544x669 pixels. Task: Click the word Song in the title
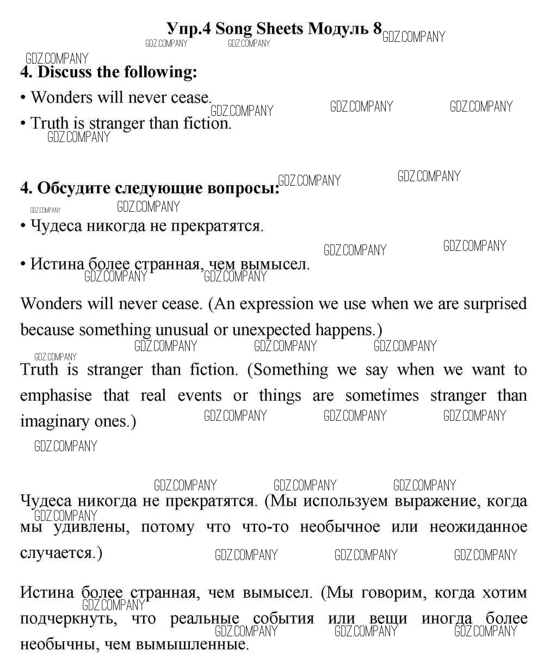pos(232,29)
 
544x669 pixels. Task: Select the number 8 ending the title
pos(377,29)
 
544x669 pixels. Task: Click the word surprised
pos(495,304)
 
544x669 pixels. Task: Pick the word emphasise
pos(56,395)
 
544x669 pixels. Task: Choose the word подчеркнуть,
pos(68,619)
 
